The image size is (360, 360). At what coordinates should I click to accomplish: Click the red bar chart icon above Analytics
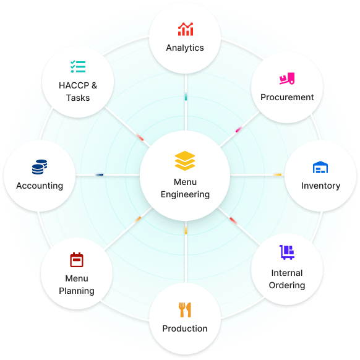click(x=186, y=29)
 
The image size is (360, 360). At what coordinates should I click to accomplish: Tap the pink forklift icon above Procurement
click(x=287, y=79)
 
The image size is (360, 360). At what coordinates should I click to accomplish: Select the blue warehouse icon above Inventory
click(x=320, y=167)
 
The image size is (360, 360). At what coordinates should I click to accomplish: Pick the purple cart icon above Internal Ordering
click(x=287, y=252)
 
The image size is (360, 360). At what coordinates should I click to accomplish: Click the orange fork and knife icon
click(x=185, y=310)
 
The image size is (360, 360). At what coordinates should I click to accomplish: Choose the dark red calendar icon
click(x=77, y=260)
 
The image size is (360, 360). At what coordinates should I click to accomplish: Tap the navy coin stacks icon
click(x=40, y=167)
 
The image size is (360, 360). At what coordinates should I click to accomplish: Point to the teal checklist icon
click(x=78, y=67)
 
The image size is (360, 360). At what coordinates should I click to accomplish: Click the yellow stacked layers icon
click(x=185, y=161)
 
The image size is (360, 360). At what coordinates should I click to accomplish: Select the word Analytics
click(x=185, y=48)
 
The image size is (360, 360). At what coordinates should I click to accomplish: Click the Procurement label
click(x=287, y=97)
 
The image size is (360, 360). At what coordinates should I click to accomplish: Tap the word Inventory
click(x=321, y=186)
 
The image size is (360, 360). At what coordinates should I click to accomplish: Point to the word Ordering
click(x=287, y=285)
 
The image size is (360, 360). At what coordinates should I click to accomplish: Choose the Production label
click(x=185, y=328)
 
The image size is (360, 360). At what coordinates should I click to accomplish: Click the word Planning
click(x=77, y=291)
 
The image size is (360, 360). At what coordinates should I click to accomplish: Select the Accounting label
click(x=40, y=186)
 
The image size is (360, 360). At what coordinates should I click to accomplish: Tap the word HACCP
click(x=74, y=85)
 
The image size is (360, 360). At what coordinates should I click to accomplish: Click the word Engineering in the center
click(x=185, y=194)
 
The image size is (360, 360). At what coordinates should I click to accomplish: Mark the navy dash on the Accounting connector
click(x=100, y=174)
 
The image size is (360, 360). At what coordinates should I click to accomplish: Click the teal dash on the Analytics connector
click(x=186, y=97)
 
